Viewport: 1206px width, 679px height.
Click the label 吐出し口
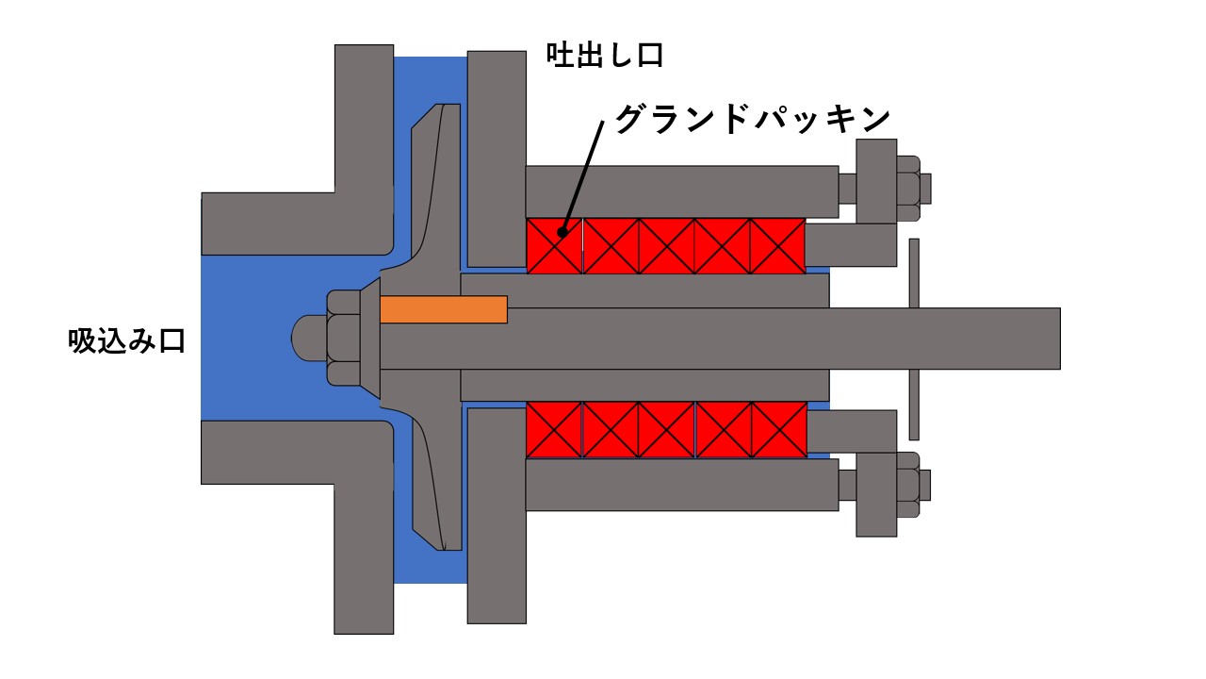pos(605,56)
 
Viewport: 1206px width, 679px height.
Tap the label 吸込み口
pos(127,341)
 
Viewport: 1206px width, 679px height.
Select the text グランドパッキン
pos(753,119)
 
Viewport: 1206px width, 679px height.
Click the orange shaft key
pos(444,309)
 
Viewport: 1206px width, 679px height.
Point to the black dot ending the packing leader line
pos(562,232)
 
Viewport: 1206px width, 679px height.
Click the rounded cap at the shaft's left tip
pos(309,338)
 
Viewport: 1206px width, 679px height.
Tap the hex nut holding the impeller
pos(344,338)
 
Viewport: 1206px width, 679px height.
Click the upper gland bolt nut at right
pos(908,189)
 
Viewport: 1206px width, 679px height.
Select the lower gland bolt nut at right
pos(908,485)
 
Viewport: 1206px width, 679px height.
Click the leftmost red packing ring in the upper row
pos(555,246)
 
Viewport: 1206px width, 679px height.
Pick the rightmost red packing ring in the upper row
pos(778,246)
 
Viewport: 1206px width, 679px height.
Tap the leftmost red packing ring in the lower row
pos(555,429)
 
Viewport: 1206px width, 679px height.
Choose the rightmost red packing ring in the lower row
pos(779,429)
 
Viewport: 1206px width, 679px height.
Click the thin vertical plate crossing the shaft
pos(914,339)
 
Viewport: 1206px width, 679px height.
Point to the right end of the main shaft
pos(1060,339)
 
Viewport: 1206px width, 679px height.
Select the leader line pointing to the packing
pos(582,176)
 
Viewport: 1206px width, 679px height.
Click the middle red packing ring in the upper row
pos(666,246)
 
